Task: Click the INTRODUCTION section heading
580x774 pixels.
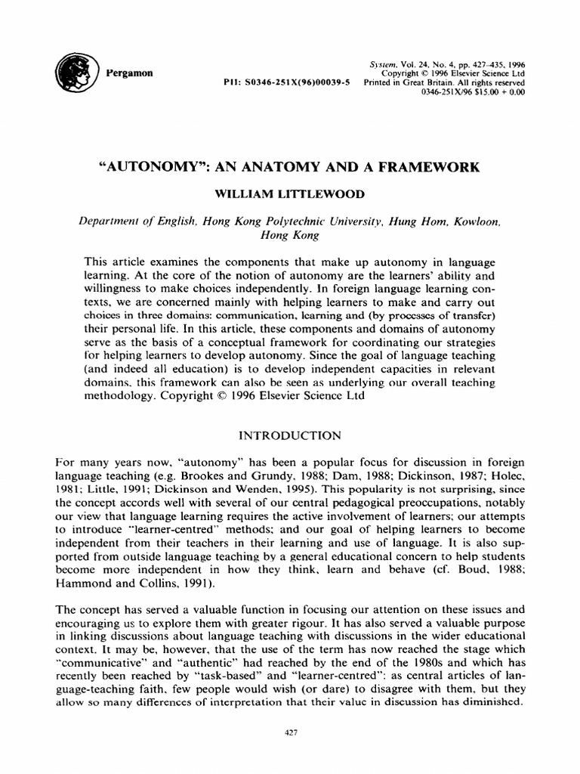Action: pos(290,435)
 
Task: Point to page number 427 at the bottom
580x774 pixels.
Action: pos(291,731)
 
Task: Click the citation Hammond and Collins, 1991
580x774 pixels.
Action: pos(120,585)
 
